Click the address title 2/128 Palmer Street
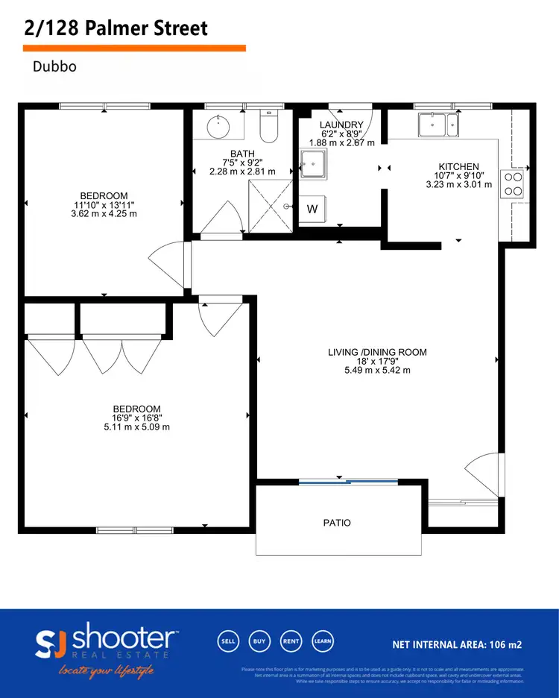tap(115, 28)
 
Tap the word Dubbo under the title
tap(55, 66)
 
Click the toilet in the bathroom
tap(268, 127)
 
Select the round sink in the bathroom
tap(218, 127)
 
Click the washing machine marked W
tap(312, 209)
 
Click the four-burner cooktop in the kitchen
tap(514, 183)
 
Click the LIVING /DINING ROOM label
tap(377, 352)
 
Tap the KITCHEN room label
tap(458, 166)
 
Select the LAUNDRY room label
tap(341, 125)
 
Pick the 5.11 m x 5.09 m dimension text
tap(136, 427)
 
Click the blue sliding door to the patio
tap(338, 482)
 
